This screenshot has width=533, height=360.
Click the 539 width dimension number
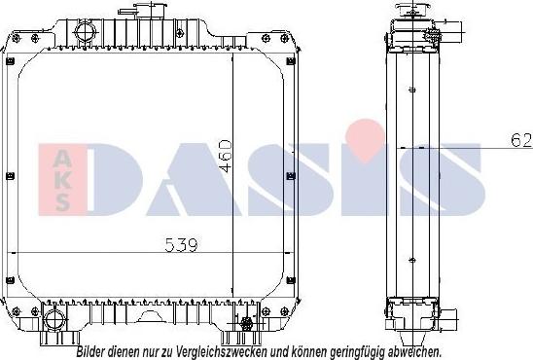pyautogui.click(x=181, y=245)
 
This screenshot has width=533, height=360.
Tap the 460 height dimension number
pyautogui.click(x=226, y=156)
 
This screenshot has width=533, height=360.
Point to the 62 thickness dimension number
pyautogui.click(x=521, y=140)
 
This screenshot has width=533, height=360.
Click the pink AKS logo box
pyautogui.click(x=62, y=180)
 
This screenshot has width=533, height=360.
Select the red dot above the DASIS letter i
pyautogui.click(x=365, y=139)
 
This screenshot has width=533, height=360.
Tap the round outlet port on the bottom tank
pyautogui.click(x=54, y=318)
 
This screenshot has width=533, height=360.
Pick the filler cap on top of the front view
pyautogui.click(x=150, y=9)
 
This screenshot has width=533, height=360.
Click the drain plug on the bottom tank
pyautogui.click(x=246, y=323)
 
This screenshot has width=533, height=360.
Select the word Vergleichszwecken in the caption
pyautogui.click(x=220, y=352)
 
